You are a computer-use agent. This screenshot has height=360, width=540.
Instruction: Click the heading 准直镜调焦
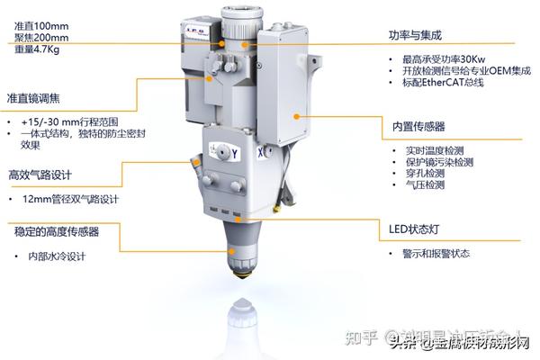click(35, 98)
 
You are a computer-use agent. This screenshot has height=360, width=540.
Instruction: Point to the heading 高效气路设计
click(41, 175)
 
